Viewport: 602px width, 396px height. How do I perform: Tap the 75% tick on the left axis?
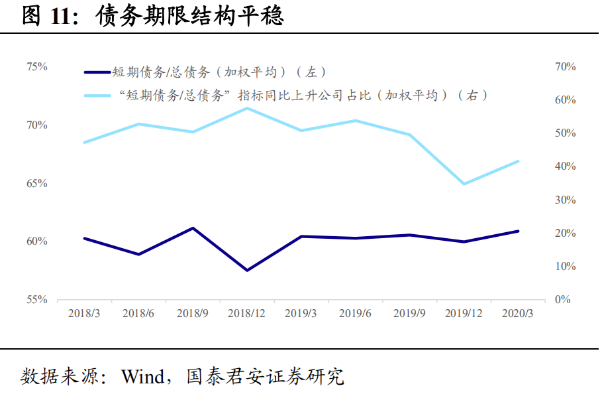pos(36,67)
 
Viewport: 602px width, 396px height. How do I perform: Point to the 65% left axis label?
pos(36,183)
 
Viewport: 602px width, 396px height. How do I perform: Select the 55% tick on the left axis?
pos(36,300)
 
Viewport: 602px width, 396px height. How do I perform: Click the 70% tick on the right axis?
pos(566,67)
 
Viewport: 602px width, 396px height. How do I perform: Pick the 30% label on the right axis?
pos(566,200)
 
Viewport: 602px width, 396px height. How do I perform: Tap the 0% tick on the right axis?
pos(564,300)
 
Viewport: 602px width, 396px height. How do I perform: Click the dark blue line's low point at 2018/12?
pos(247,270)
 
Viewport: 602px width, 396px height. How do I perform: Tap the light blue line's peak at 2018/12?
pos(247,108)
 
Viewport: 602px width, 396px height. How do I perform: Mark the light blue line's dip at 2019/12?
pos(464,184)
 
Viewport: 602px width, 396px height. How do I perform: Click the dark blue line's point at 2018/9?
pos(193,228)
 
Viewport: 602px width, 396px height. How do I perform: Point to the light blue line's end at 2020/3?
pos(518,161)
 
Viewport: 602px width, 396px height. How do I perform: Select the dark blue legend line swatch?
pos(97,72)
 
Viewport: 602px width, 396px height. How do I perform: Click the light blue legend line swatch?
pos(97,96)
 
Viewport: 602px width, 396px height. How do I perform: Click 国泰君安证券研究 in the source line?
pos(265,377)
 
